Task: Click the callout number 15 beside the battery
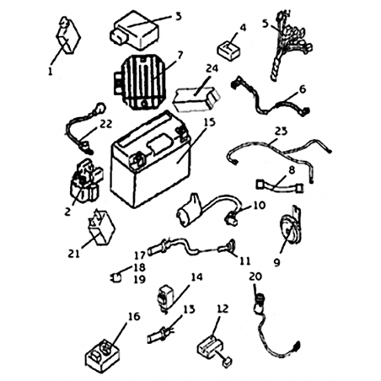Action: (209, 122)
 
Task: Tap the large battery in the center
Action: (150, 160)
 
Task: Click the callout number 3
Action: (178, 16)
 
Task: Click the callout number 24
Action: (212, 68)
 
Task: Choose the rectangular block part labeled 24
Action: (196, 99)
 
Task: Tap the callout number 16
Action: (134, 316)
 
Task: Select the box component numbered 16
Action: (102, 355)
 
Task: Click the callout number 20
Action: (255, 276)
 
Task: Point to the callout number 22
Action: (106, 124)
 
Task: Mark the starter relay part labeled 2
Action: (86, 180)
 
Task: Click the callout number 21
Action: (74, 254)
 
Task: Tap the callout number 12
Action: (223, 309)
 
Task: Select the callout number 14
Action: (196, 277)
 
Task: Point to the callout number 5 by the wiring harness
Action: (266, 23)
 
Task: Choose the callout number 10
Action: (259, 205)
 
